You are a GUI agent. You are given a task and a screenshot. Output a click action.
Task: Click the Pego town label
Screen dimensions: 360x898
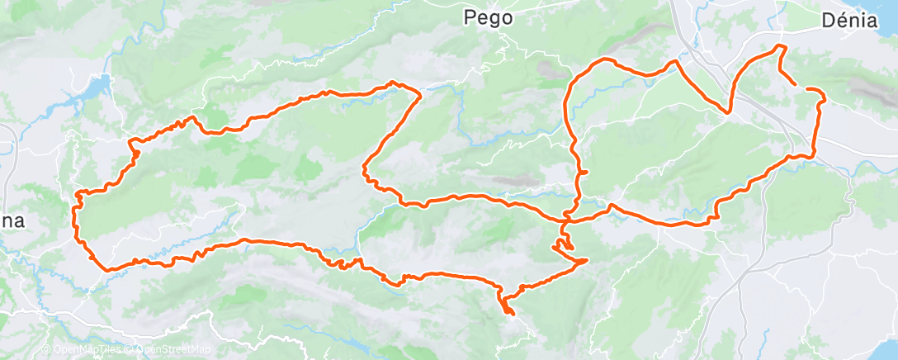coord(489,17)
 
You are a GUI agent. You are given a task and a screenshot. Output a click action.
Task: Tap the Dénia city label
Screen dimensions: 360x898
coord(849,21)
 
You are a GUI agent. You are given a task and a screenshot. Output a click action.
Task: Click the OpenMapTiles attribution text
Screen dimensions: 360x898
coord(85,350)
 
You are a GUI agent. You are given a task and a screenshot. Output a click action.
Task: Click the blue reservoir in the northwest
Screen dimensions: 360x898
coord(97,86)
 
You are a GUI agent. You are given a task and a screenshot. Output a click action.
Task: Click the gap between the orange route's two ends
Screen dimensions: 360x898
coord(801,86)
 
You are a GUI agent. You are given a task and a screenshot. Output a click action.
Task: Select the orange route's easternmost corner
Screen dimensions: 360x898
coord(823,100)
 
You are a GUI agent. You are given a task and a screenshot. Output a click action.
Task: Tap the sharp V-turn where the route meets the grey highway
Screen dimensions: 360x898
coord(729,111)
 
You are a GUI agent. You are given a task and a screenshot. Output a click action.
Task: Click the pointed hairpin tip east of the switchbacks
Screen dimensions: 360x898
coord(586,261)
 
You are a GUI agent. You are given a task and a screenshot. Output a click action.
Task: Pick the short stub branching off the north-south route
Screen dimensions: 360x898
coord(584,172)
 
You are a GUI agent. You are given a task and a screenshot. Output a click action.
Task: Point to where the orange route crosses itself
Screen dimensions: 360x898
coord(566,220)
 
